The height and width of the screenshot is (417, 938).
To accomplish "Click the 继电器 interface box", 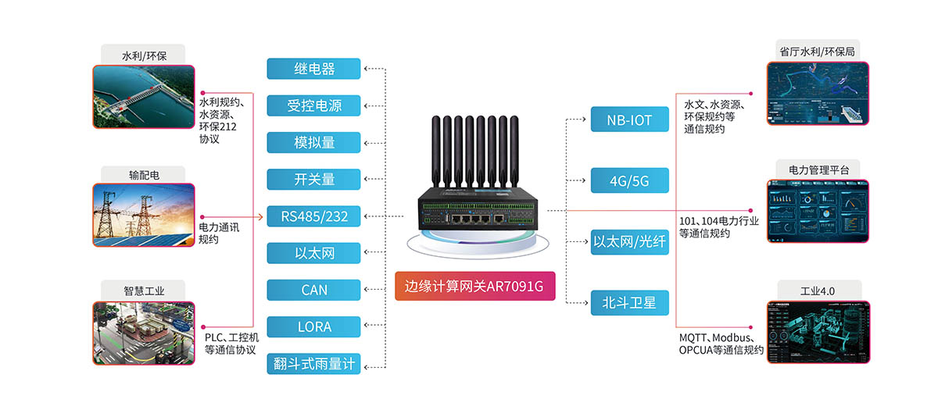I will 313,69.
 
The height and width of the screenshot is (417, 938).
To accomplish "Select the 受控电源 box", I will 313,105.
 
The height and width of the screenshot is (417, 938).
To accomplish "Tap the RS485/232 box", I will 313,216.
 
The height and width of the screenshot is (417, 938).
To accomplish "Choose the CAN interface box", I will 313,290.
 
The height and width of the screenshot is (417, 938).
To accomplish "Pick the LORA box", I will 313,326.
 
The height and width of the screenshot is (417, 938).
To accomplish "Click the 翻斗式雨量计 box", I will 313,364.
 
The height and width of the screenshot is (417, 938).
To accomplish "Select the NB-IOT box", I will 630,120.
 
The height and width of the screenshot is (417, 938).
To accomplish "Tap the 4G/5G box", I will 630,181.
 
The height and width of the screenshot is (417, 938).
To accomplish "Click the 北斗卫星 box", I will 630,302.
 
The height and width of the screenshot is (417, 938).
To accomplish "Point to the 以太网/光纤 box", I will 630,242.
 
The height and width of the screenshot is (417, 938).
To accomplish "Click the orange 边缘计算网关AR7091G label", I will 474,286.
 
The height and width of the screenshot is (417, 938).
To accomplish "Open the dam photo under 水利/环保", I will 143,95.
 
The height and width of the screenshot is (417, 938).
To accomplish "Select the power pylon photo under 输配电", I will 143,216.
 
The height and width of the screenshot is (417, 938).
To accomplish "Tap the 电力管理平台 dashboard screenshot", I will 818,210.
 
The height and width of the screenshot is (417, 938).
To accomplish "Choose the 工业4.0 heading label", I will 818,290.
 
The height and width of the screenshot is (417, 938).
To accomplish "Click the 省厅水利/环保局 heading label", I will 817,52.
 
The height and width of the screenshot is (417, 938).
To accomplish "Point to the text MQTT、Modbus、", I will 717,337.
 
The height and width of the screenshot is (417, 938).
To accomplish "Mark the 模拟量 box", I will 313,142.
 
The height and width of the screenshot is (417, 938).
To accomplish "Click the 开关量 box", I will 313,179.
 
